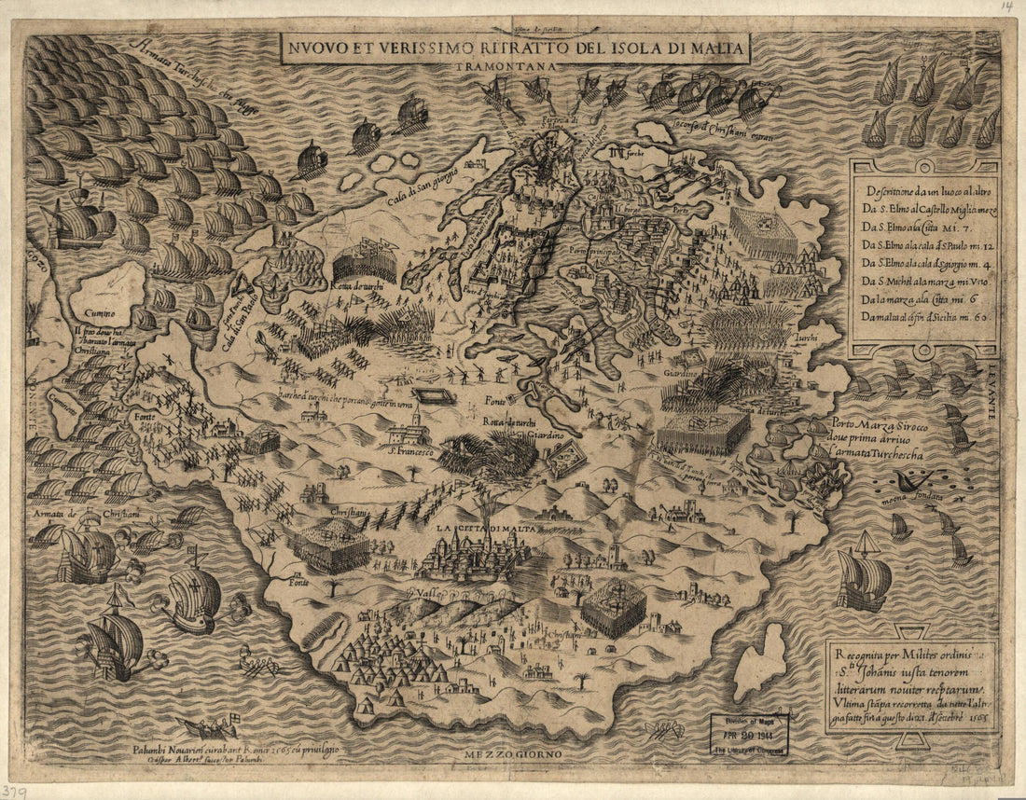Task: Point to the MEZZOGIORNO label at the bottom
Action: click(511, 752)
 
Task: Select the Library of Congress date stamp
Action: click(749, 735)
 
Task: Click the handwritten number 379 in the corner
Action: click(17, 790)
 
